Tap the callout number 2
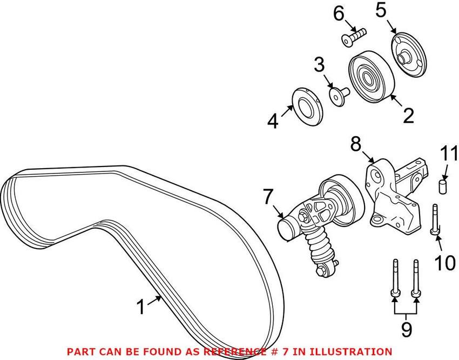point(408,115)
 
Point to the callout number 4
point(273,121)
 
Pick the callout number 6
point(339,14)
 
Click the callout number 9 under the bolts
point(405,329)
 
